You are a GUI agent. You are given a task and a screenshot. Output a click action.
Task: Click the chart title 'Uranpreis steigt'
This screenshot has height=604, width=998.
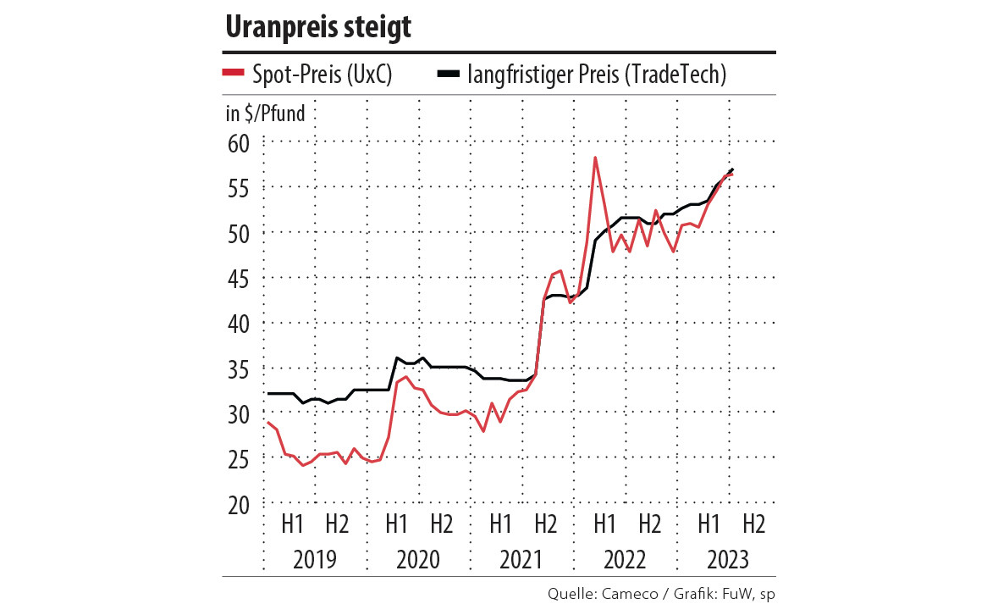point(317,27)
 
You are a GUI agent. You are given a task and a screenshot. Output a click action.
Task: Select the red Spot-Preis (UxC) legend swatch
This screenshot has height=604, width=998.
point(233,74)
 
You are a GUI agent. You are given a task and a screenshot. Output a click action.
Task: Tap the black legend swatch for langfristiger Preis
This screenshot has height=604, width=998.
point(449,74)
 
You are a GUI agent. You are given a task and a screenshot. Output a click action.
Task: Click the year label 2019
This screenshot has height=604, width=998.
point(314,560)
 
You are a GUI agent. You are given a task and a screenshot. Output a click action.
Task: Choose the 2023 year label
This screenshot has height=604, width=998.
point(727,560)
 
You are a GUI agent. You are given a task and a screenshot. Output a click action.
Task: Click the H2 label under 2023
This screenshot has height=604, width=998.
point(753,524)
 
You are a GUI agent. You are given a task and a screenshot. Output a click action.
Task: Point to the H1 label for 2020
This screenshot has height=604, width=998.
point(395,524)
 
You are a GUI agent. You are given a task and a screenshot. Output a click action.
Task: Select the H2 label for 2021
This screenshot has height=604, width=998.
point(544,524)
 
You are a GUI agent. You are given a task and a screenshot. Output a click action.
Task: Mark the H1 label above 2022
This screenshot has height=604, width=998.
point(604,524)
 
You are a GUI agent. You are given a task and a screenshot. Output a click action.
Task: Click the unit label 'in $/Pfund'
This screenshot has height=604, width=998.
point(264,113)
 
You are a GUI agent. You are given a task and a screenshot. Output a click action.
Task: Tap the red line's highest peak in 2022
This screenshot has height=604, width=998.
point(596,158)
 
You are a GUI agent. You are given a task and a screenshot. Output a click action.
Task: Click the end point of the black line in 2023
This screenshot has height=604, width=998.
point(732,169)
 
